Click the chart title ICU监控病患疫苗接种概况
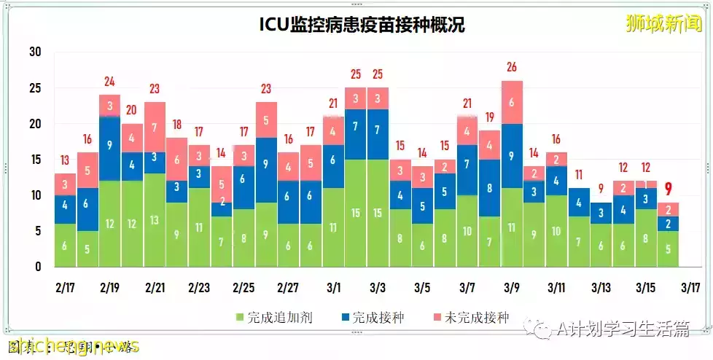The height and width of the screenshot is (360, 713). [x=362, y=26]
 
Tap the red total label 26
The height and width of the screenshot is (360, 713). [x=512, y=67]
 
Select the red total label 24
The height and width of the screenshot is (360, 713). [x=109, y=82]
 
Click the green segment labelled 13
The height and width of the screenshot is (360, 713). [x=154, y=220]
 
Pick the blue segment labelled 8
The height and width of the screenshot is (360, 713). [x=490, y=187]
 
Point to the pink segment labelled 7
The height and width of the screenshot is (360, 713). [x=154, y=127]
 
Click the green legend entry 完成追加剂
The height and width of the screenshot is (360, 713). [x=267, y=317]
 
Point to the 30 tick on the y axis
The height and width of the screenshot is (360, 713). [x=35, y=52]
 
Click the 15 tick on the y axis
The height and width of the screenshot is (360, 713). [x=35, y=160]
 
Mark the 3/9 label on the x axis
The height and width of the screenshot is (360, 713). [x=512, y=287]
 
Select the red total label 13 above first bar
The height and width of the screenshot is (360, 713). [x=65, y=160]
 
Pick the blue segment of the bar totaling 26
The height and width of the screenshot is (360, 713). [x=512, y=156]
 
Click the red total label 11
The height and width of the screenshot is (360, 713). [x=579, y=175]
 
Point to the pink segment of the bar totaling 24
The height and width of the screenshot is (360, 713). [x=109, y=106]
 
